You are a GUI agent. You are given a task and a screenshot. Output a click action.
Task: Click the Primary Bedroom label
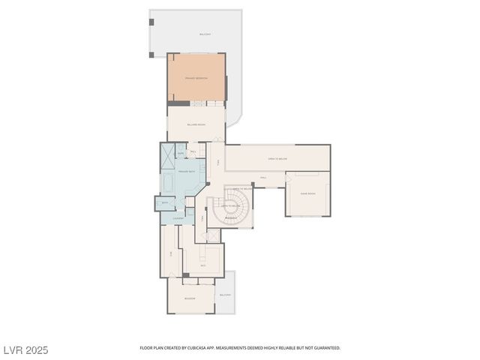coord(196,78)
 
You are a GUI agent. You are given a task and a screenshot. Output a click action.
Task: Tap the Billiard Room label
coord(196,125)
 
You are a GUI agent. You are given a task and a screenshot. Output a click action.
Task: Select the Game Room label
coord(307,193)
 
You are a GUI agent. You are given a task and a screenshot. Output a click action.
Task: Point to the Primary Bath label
coord(186,172)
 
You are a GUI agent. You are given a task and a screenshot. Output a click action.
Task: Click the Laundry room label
coord(178,218)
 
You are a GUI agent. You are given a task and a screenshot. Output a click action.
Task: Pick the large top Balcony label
coord(205,34)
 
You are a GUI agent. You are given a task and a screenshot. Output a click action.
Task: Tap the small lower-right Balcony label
coord(225,295)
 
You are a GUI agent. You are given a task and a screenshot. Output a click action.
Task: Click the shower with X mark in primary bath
coord(166,157)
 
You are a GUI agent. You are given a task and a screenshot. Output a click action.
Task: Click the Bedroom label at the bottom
coord(190,298)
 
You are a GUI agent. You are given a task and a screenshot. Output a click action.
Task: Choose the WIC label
coord(202,265)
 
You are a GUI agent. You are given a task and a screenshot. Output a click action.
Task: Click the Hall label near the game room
coord(263,178)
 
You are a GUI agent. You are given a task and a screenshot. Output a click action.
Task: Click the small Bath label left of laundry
coord(164,202)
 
